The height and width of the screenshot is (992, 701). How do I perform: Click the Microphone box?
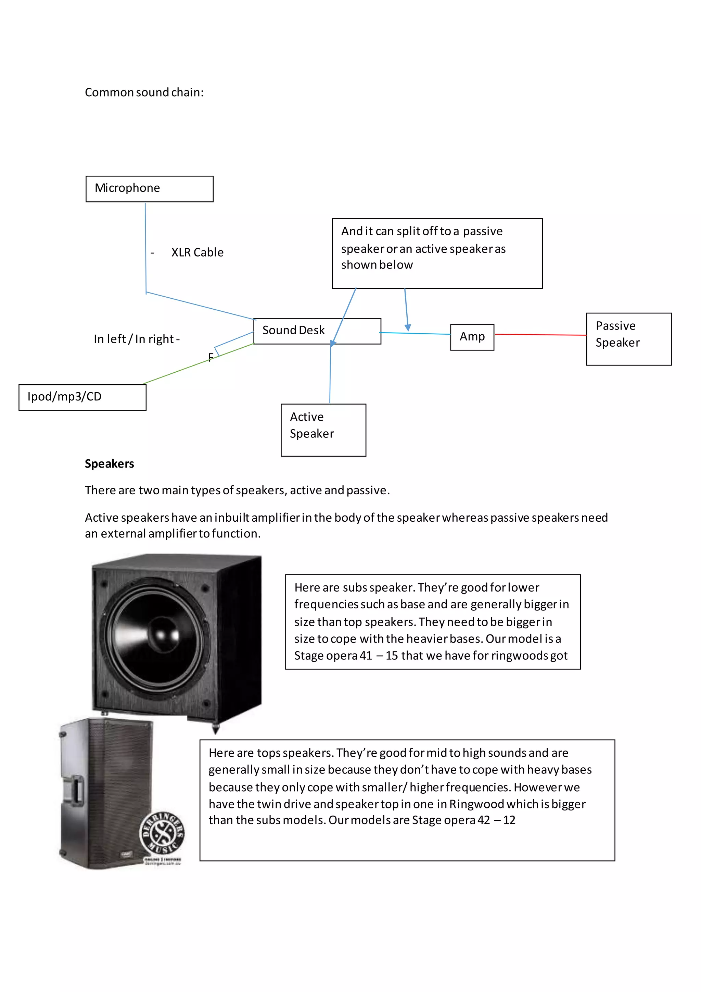tap(149, 189)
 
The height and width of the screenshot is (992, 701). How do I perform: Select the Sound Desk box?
tap(317, 331)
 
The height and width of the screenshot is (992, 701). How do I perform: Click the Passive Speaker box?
tap(628, 339)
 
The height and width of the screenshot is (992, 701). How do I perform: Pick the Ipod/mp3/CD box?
tap(82, 397)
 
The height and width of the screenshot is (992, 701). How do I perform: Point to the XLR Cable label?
tap(197, 252)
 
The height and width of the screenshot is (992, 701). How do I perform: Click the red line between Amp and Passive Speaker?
tap(539, 334)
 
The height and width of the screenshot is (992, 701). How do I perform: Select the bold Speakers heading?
tap(109, 463)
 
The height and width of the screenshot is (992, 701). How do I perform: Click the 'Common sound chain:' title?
tap(144, 92)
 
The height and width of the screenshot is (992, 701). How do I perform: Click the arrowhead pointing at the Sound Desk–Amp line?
tap(407, 327)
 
